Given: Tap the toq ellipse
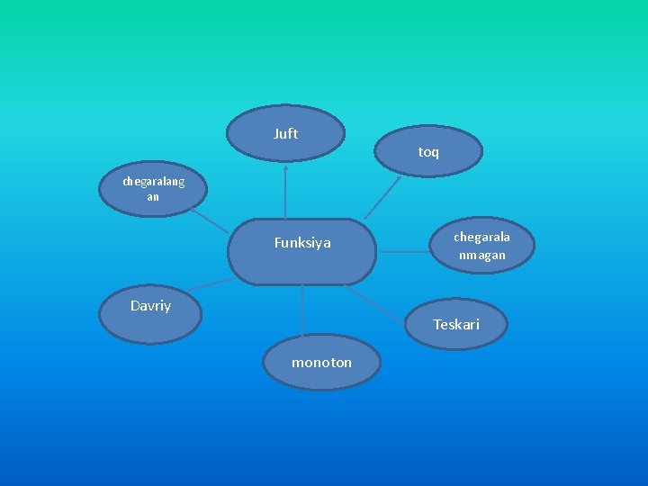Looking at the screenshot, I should (x=429, y=149).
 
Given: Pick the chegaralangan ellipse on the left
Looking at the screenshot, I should (x=153, y=189).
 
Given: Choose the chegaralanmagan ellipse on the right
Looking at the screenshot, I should (x=481, y=245).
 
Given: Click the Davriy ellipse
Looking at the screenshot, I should (x=150, y=311).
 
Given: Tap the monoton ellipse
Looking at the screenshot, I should (x=322, y=362).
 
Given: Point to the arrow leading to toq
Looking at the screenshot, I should (x=384, y=195).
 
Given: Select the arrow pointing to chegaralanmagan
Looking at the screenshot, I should (x=403, y=252).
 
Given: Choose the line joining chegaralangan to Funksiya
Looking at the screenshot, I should (x=211, y=223).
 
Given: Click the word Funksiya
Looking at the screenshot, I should (x=302, y=243).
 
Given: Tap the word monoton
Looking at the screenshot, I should (x=322, y=363).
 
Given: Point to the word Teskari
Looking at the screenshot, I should (x=456, y=324).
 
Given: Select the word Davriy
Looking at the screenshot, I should (x=150, y=306).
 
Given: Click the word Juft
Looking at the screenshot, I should (x=285, y=134).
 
